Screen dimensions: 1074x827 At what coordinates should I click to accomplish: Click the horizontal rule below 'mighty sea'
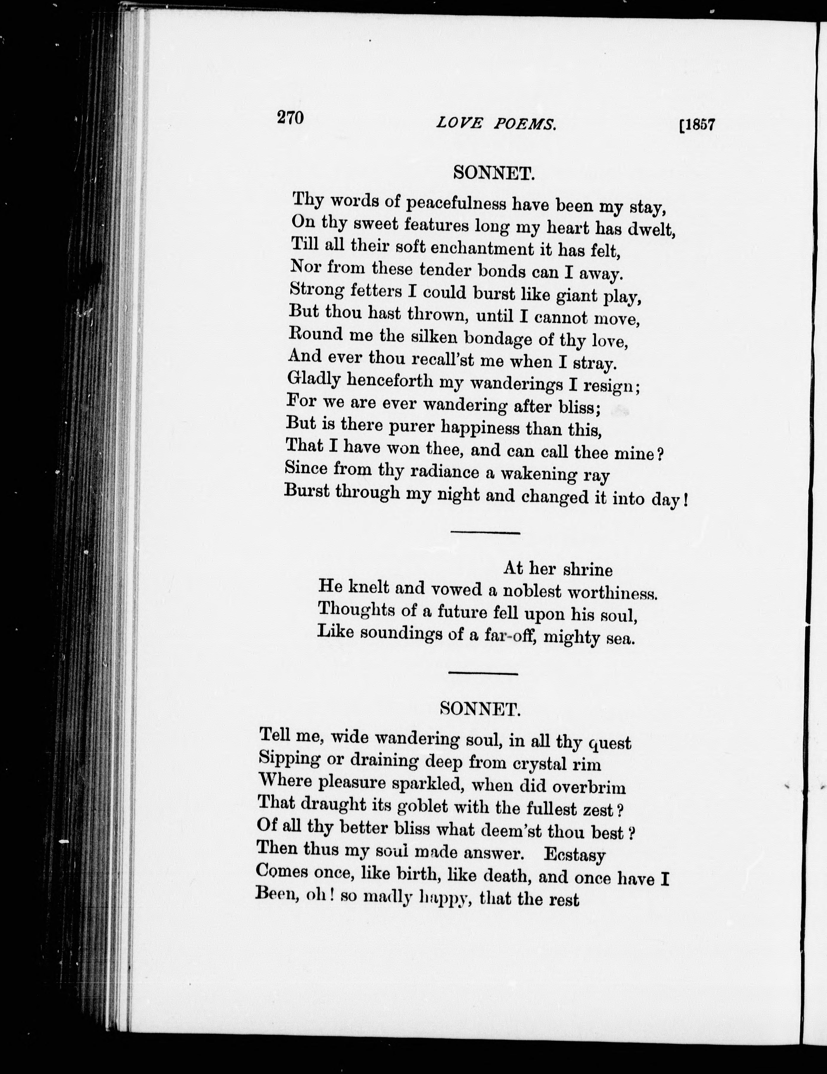tap(483, 673)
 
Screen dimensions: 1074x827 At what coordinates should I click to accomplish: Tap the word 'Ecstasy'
tap(574, 855)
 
